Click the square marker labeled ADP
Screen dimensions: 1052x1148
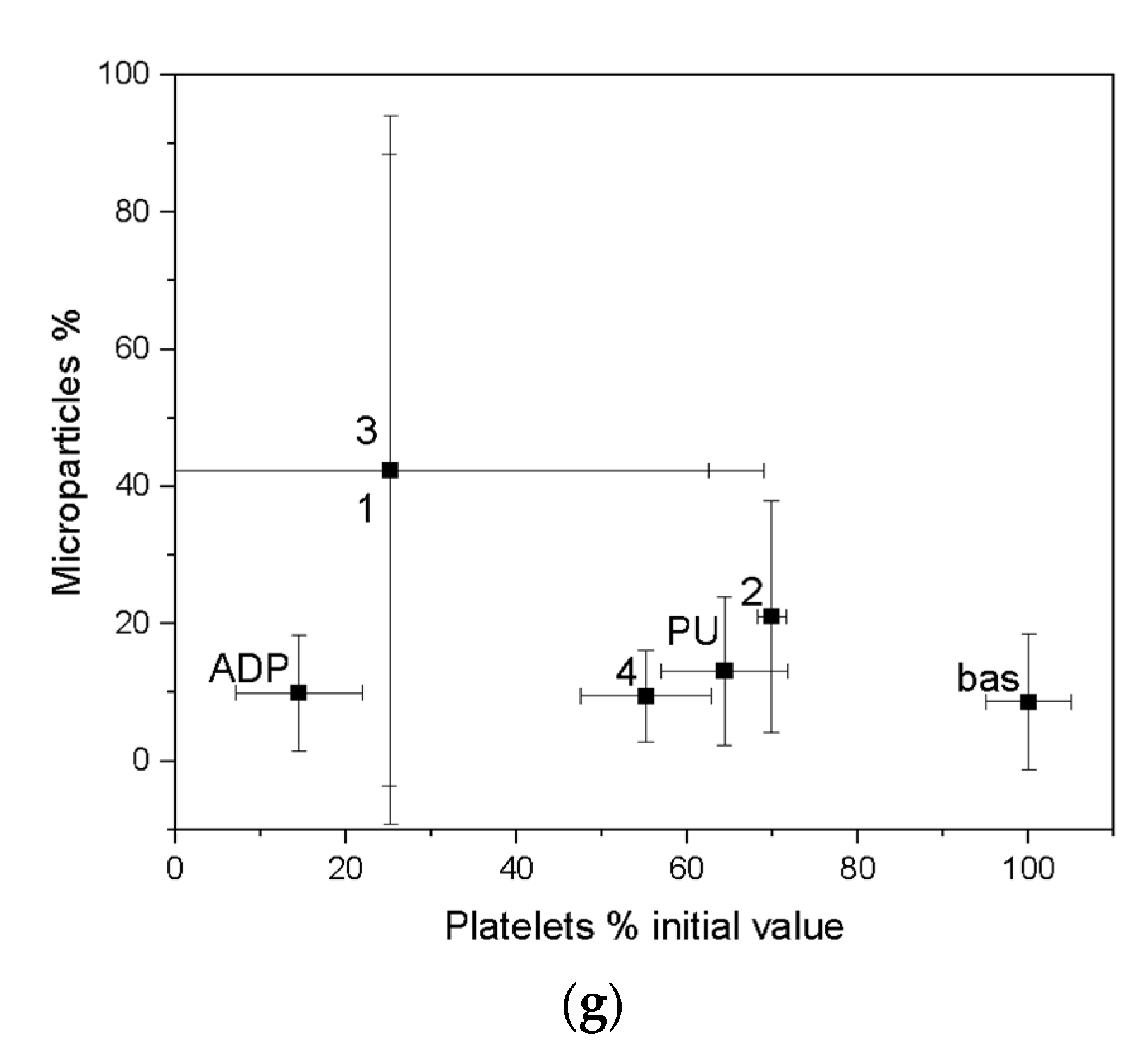pyautogui.click(x=299, y=693)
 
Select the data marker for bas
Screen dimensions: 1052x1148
pyautogui.click(x=1028, y=702)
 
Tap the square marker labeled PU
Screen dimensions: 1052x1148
pyautogui.click(x=724, y=671)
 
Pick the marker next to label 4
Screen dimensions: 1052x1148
pyautogui.click(x=646, y=696)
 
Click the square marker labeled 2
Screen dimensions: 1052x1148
pyautogui.click(x=771, y=616)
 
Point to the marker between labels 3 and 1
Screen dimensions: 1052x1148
pyautogui.click(x=390, y=470)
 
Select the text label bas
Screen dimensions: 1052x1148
pyautogui.click(x=988, y=678)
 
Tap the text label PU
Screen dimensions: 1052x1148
pyautogui.click(x=692, y=631)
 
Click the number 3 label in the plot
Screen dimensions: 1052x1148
pyautogui.click(x=366, y=431)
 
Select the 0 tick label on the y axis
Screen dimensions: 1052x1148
pyautogui.click(x=141, y=759)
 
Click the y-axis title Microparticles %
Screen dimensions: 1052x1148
pyautogui.click(x=67, y=453)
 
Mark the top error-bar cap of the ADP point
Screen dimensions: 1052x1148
pyautogui.click(x=299, y=635)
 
